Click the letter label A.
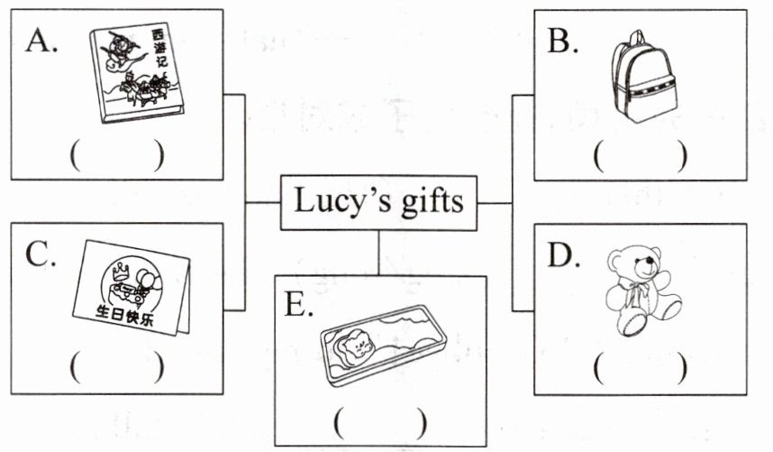pos(41,40)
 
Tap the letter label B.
pos(562,41)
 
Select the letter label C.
pos(41,254)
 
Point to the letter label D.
pos(563,255)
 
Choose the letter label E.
pos(299,305)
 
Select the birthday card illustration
pos(132,288)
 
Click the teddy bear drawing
pos(642,291)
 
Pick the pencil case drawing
pos(383,345)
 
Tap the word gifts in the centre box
pos(432,202)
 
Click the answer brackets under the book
pos(117,155)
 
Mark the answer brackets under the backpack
pos(640,155)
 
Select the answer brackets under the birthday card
pos(117,367)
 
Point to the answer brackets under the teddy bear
pos(640,368)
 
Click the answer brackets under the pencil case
pos(380,423)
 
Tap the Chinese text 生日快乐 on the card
pos(124,317)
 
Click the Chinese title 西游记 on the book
pos(160,49)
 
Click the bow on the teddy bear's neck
pos(635,291)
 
